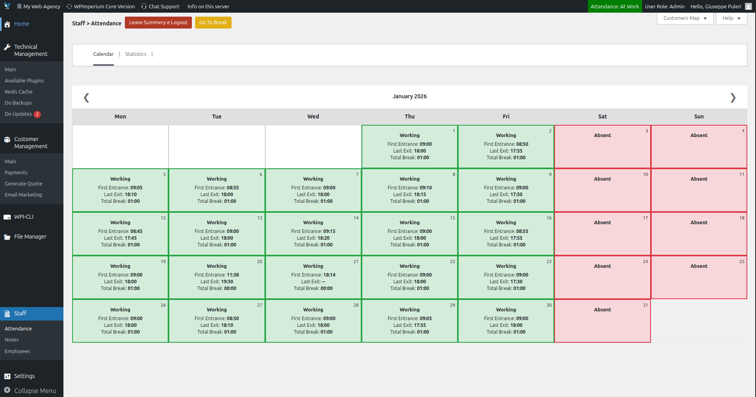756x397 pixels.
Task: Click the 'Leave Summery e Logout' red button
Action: [x=158, y=23]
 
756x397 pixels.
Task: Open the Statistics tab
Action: [x=136, y=54]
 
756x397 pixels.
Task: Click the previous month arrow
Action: [x=86, y=97]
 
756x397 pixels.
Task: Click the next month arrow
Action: [x=733, y=97]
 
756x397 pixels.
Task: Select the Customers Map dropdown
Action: [x=685, y=18]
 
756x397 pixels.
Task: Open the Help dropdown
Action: [x=731, y=18]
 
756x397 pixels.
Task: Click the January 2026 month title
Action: [x=410, y=96]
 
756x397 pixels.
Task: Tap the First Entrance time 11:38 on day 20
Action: [x=233, y=275]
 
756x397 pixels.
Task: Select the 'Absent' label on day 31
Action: [x=602, y=310]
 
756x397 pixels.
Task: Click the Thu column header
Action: [x=410, y=116]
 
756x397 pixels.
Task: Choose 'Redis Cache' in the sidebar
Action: [x=19, y=92]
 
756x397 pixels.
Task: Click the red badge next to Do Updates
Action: [x=37, y=114]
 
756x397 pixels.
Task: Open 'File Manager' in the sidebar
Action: [x=30, y=237]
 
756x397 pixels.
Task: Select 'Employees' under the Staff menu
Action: [x=17, y=351]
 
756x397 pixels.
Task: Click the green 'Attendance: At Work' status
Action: [x=615, y=6]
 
